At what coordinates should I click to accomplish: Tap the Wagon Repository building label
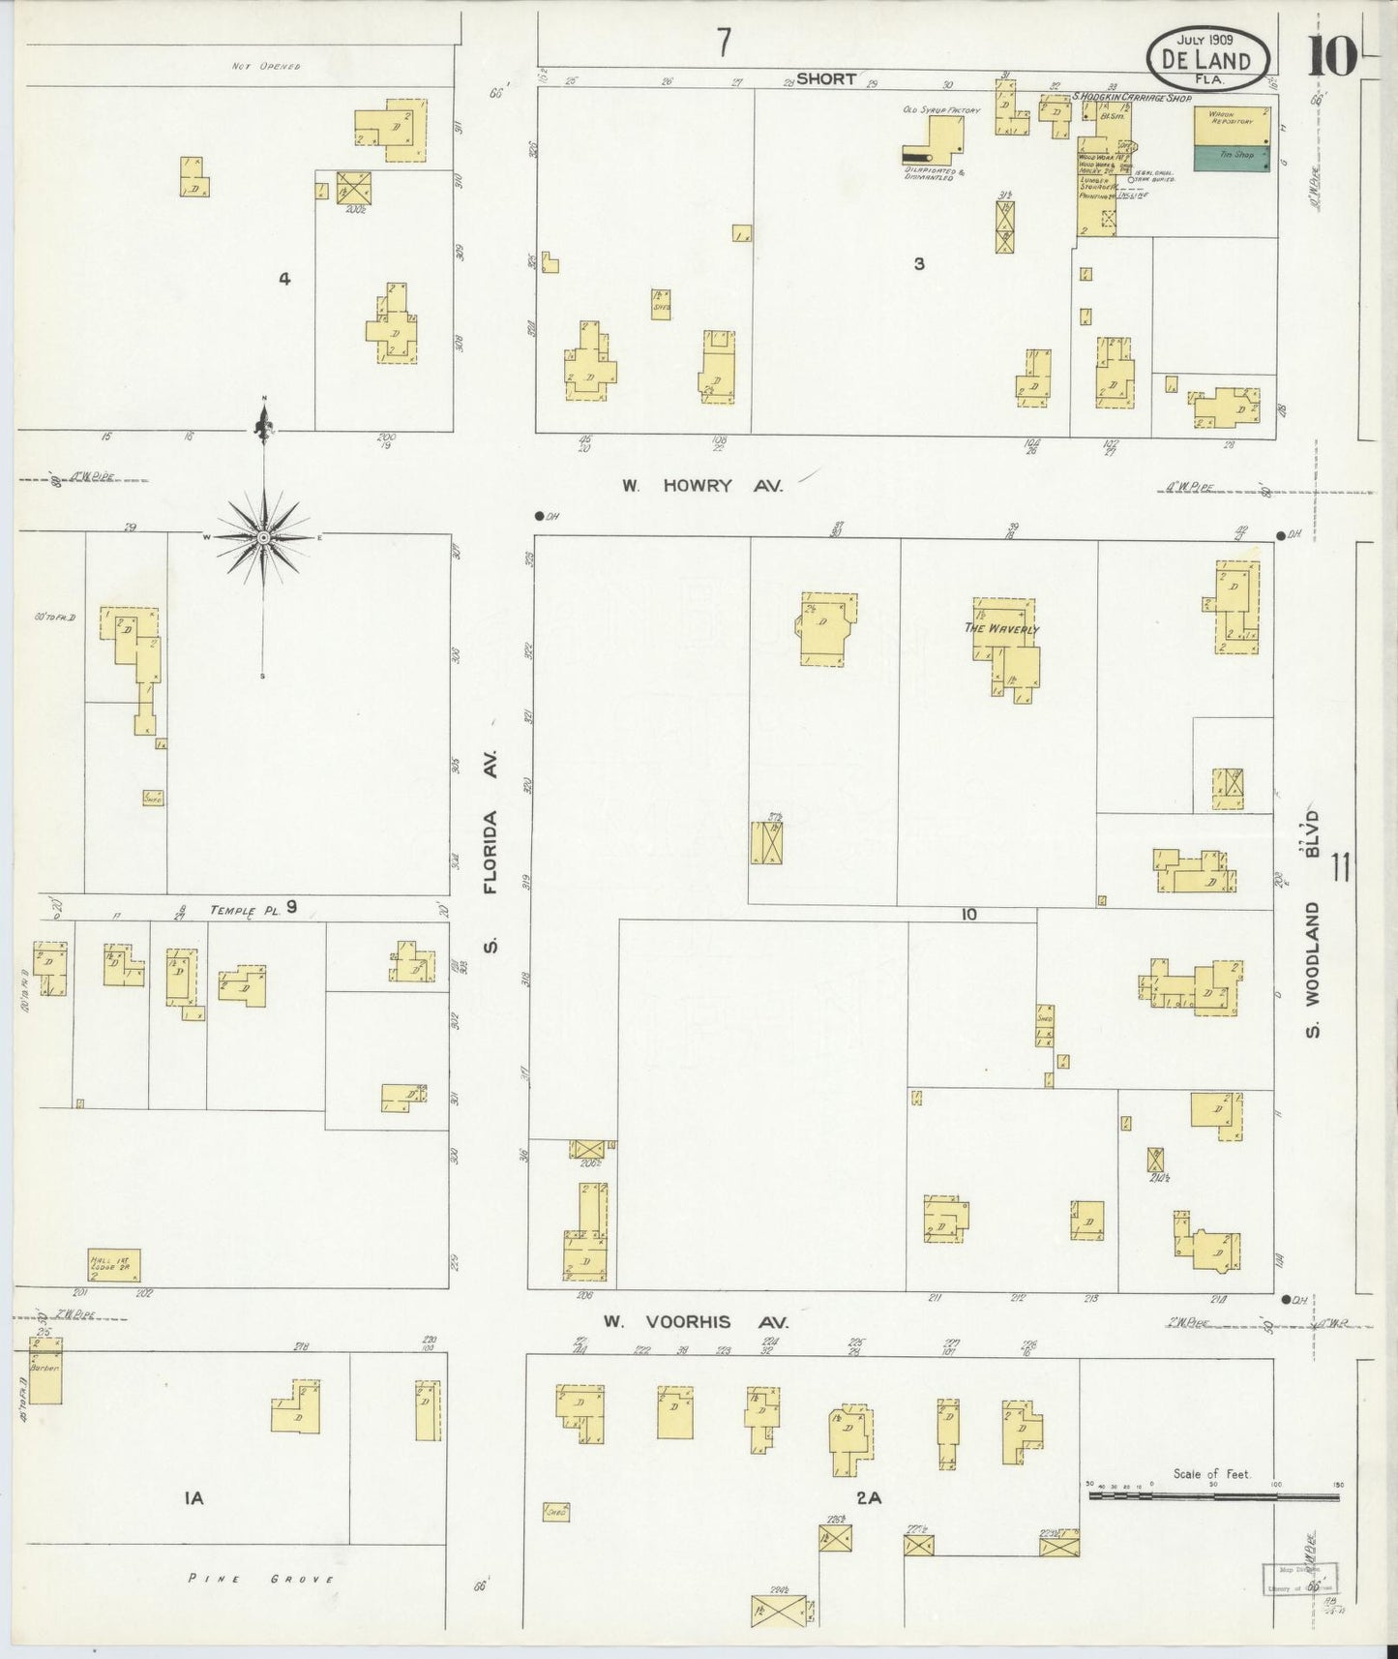[x=1231, y=118]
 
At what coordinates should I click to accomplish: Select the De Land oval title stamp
[x=1207, y=57]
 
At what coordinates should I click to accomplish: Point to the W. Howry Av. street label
[x=702, y=486]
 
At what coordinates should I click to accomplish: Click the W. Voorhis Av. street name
[x=696, y=1321]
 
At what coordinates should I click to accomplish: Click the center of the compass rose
[x=263, y=537]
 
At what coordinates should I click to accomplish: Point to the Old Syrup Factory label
[x=940, y=110]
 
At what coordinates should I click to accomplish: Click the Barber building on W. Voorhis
[x=45, y=1371]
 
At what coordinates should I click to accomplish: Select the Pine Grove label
[x=260, y=1579]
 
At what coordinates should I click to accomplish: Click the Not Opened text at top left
[x=266, y=67]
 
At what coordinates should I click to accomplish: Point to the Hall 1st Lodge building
[x=114, y=1265]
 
